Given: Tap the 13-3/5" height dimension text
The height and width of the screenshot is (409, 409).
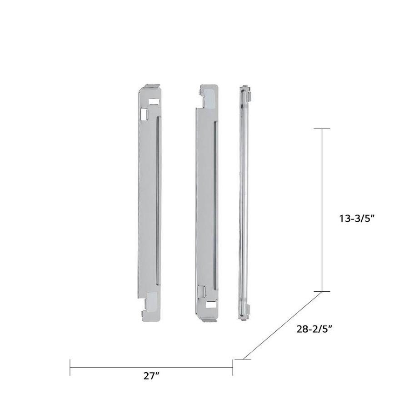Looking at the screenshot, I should [x=356, y=218].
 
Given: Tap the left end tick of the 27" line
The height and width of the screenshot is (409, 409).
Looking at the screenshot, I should [x=70, y=367].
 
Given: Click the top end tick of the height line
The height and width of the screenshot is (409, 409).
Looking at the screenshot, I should [x=322, y=129].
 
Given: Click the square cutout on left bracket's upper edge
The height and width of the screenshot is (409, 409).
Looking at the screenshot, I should [x=146, y=114].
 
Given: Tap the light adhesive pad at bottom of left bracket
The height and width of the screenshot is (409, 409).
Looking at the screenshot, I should [x=153, y=300].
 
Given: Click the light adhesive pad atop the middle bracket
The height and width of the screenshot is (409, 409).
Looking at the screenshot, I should [x=209, y=97].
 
